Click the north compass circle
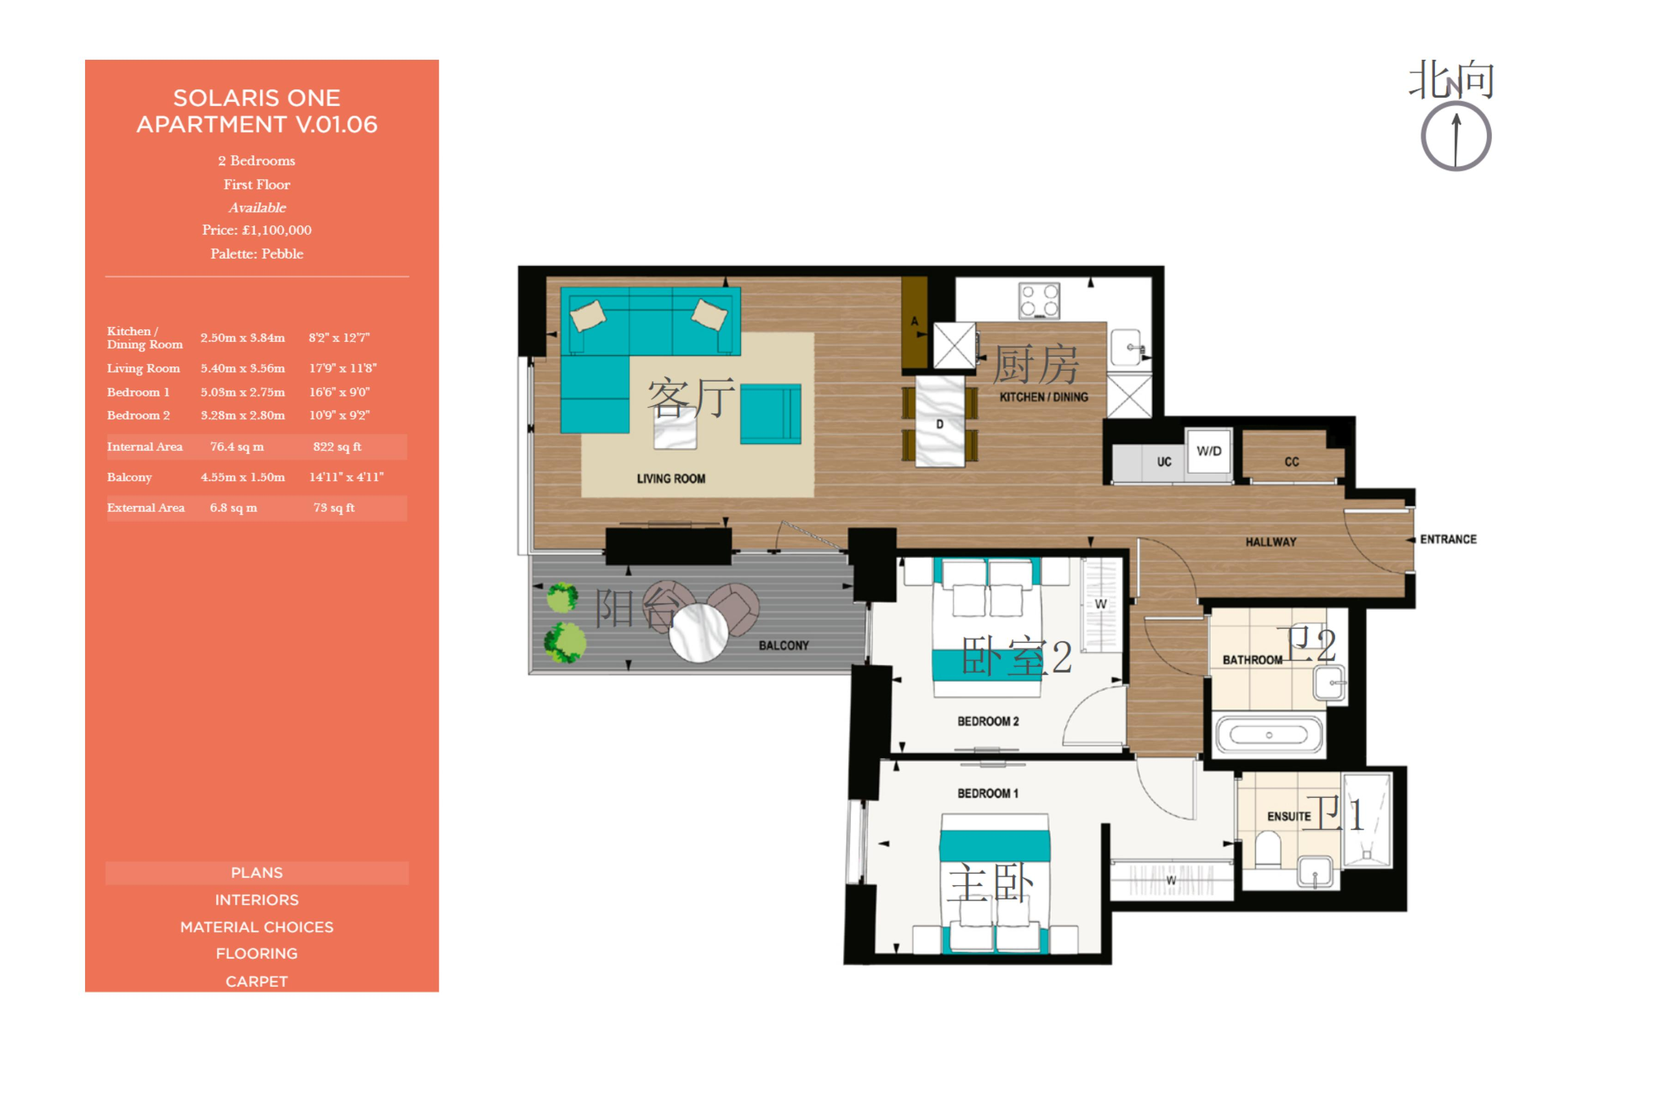tap(1422, 136)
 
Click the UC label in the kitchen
tap(1163, 462)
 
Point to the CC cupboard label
tap(1291, 462)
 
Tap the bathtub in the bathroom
tap(1269, 735)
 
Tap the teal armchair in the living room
tap(770, 414)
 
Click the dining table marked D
tap(940, 421)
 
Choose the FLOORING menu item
tap(257, 954)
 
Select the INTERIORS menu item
tap(257, 900)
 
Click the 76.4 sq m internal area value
tap(237, 446)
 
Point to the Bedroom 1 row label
tap(138, 392)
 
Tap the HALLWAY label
tap(1271, 542)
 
